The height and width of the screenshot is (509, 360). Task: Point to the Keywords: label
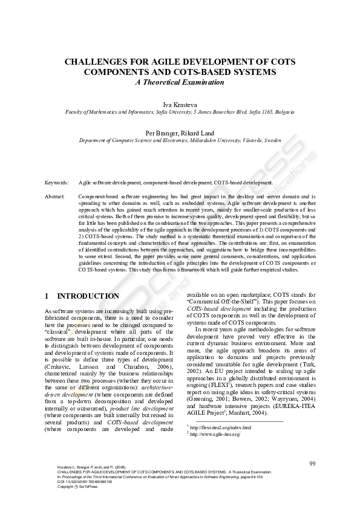tap(57, 182)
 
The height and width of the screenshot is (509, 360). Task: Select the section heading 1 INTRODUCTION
tap(82, 296)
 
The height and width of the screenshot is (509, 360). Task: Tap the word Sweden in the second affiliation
tap(272, 140)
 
